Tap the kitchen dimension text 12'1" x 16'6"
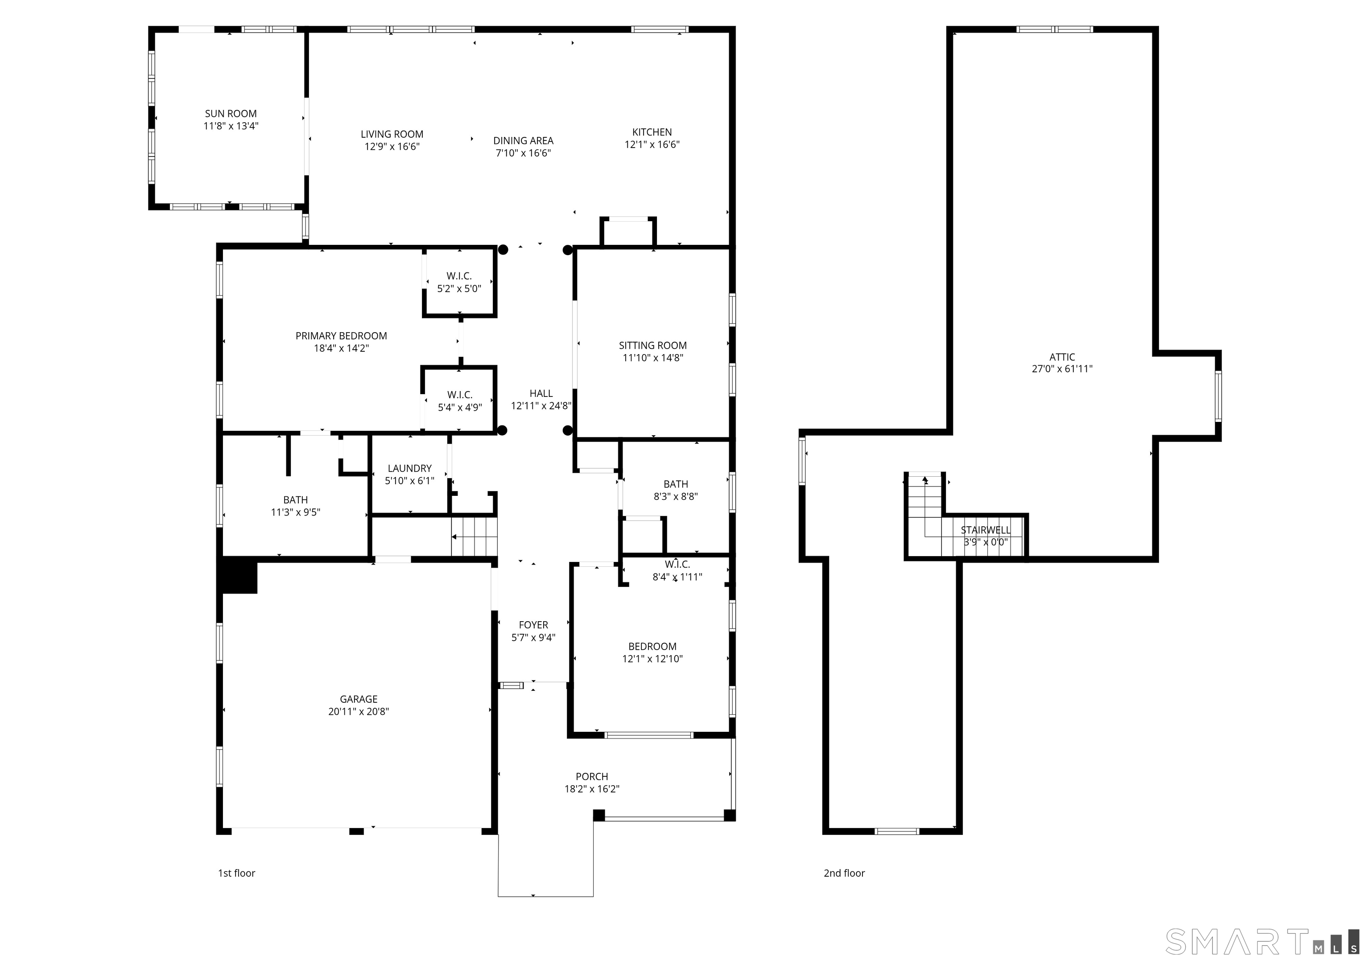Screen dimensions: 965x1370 coord(652,144)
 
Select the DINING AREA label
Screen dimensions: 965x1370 coord(523,141)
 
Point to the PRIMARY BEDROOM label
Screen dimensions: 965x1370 coord(341,336)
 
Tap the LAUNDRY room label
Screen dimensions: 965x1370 coord(409,469)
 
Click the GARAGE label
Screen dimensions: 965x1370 coord(358,699)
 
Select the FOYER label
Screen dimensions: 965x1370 coord(533,625)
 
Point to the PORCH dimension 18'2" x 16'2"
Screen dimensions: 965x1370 coord(591,789)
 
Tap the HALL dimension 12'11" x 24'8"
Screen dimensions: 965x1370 coord(541,406)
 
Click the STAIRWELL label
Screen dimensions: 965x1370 coord(985,530)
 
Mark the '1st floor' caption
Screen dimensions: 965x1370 coord(236,873)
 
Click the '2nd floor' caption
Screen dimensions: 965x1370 coord(844,873)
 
